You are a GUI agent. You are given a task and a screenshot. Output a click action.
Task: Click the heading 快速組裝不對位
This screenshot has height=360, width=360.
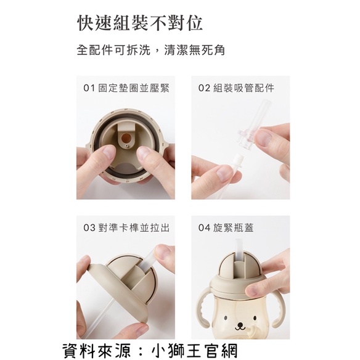(140, 23)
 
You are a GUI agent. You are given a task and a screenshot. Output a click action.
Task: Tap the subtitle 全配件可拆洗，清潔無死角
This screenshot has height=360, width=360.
(150, 50)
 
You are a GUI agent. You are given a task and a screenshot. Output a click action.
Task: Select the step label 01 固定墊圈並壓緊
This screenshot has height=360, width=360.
(126, 88)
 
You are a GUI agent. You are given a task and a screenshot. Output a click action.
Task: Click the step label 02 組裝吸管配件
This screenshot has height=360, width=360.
(236, 88)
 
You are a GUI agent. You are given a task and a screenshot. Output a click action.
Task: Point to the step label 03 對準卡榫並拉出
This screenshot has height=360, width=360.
(126, 227)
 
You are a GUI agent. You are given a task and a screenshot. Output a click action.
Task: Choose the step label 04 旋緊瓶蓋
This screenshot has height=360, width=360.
(226, 227)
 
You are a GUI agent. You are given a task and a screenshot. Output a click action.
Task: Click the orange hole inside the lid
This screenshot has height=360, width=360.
(126, 138)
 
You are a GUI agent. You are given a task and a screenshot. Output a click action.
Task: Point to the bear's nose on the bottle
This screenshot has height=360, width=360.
(240, 325)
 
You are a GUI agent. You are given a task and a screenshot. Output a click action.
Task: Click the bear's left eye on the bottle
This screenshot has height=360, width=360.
(225, 318)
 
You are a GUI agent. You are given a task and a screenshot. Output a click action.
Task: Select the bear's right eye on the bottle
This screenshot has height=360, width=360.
(255, 318)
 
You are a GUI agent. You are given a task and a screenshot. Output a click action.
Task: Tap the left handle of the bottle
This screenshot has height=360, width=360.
(203, 306)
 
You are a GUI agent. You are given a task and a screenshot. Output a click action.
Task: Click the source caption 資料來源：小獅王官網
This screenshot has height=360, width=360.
(150, 350)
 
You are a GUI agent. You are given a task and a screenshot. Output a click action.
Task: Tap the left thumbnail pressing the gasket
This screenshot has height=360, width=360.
(107, 152)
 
